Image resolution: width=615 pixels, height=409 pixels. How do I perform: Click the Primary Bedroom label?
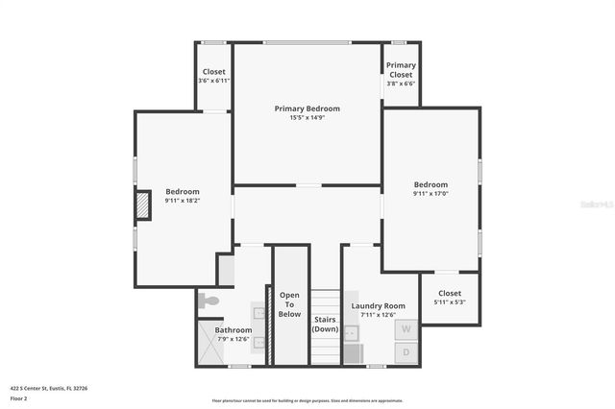coord(307,108)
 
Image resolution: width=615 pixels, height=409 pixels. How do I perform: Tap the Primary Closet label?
coord(401,69)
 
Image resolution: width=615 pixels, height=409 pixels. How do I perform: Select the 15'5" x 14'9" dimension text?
coord(307,118)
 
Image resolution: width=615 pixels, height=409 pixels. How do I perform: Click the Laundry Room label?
coord(378,305)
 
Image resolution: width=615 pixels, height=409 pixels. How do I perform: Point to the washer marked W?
coord(406,328)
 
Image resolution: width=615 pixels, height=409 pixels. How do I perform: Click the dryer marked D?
coord(406,352)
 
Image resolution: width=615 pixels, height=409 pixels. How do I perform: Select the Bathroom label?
coord(234,329)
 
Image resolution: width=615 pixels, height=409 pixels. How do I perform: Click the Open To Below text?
coord(289,304)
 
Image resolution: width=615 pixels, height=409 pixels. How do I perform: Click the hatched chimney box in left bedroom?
coord(143,204)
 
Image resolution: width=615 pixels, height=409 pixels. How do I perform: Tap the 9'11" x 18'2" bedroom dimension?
coord(183,201)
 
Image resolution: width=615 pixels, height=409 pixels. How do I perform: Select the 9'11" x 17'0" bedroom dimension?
coord(430,194)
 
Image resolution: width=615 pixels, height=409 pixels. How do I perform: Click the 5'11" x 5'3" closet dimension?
coord(450,302)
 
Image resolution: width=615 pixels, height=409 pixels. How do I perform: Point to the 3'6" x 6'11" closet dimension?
coord(213,81)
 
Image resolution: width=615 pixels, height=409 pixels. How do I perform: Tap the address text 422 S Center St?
coord(48,388)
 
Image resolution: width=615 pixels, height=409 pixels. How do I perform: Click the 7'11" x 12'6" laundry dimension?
coord(378,315)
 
